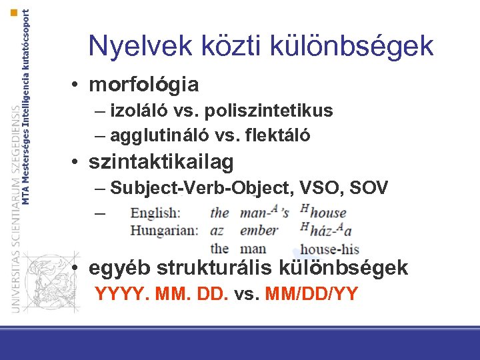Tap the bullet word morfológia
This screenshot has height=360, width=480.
coord(144,85)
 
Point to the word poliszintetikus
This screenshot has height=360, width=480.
coord(269,111)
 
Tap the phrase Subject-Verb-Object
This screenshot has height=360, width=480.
coord(201,188)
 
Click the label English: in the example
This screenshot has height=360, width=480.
coord(155,213)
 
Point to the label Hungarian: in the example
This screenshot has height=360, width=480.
coord(164,231)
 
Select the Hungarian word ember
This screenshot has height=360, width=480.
coord(258,231)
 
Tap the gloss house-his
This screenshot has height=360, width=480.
coord(330,249)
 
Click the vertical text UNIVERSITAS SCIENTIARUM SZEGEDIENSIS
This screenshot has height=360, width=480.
coord(16,207)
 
